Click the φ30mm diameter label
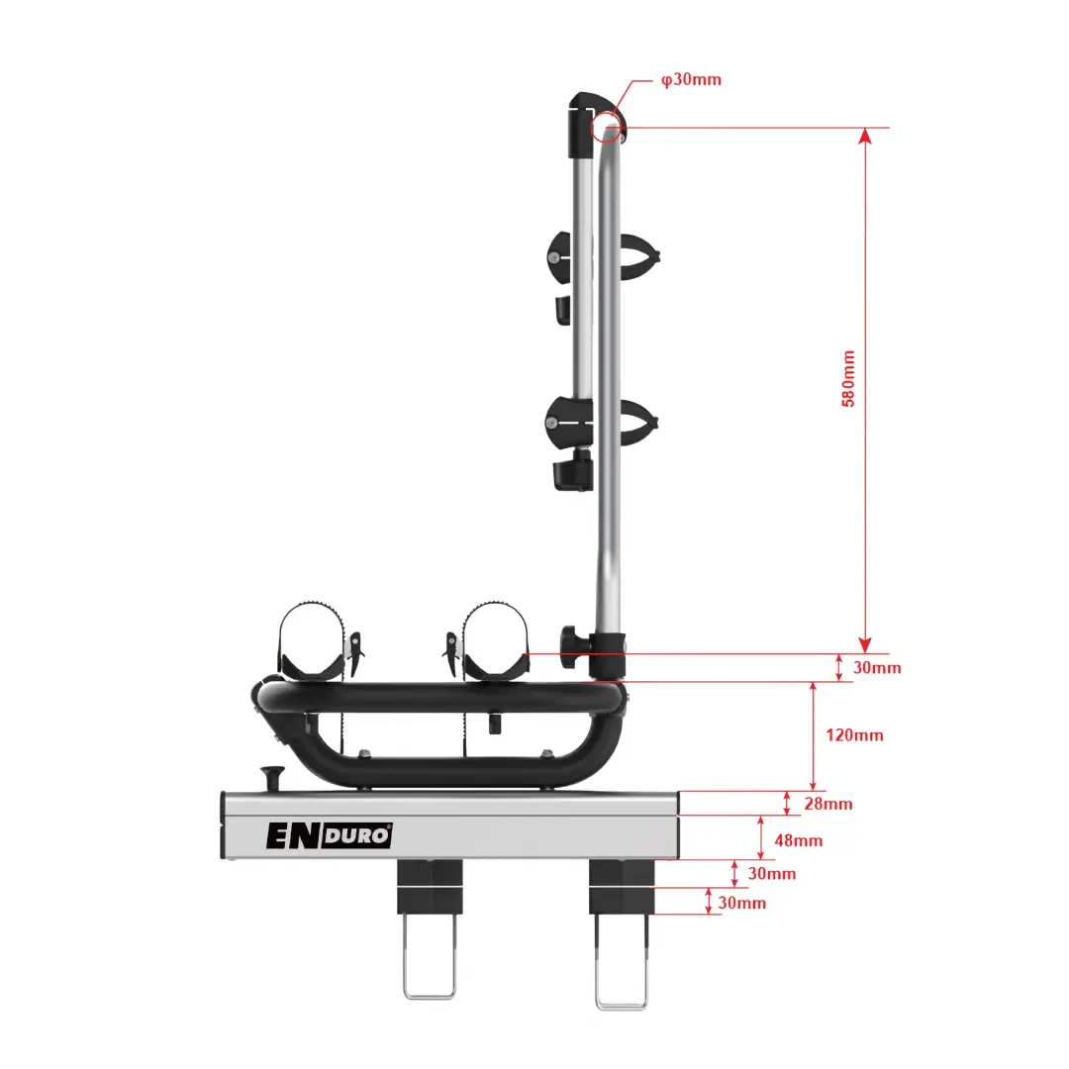tap(691, 80)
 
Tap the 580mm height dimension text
tap(848, 379)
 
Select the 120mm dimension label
tap(854, 734)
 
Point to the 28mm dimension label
tap(828, 804)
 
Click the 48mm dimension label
tap(799, 840)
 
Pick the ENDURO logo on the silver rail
tap(329, 835)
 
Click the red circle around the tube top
tap(606, 127)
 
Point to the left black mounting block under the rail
tap(431, 886)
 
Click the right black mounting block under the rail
tap(622, 886)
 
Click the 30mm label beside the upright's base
tap(877, 667)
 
